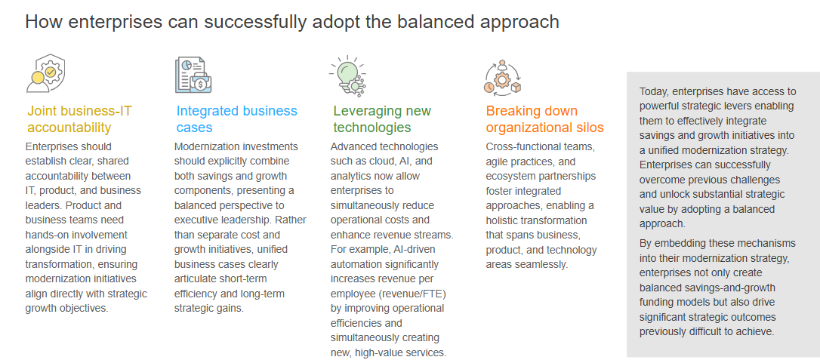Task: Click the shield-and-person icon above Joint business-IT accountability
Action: [46, 73]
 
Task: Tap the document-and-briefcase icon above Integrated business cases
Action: [193, 75]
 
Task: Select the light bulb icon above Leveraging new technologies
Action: [348, 75]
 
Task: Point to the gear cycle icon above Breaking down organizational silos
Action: [503, 78]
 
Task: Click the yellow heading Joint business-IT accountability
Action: [79, 119]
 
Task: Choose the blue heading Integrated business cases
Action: [237, 119]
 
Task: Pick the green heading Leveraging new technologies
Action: [382, 119]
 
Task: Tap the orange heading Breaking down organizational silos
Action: [545, 119]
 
